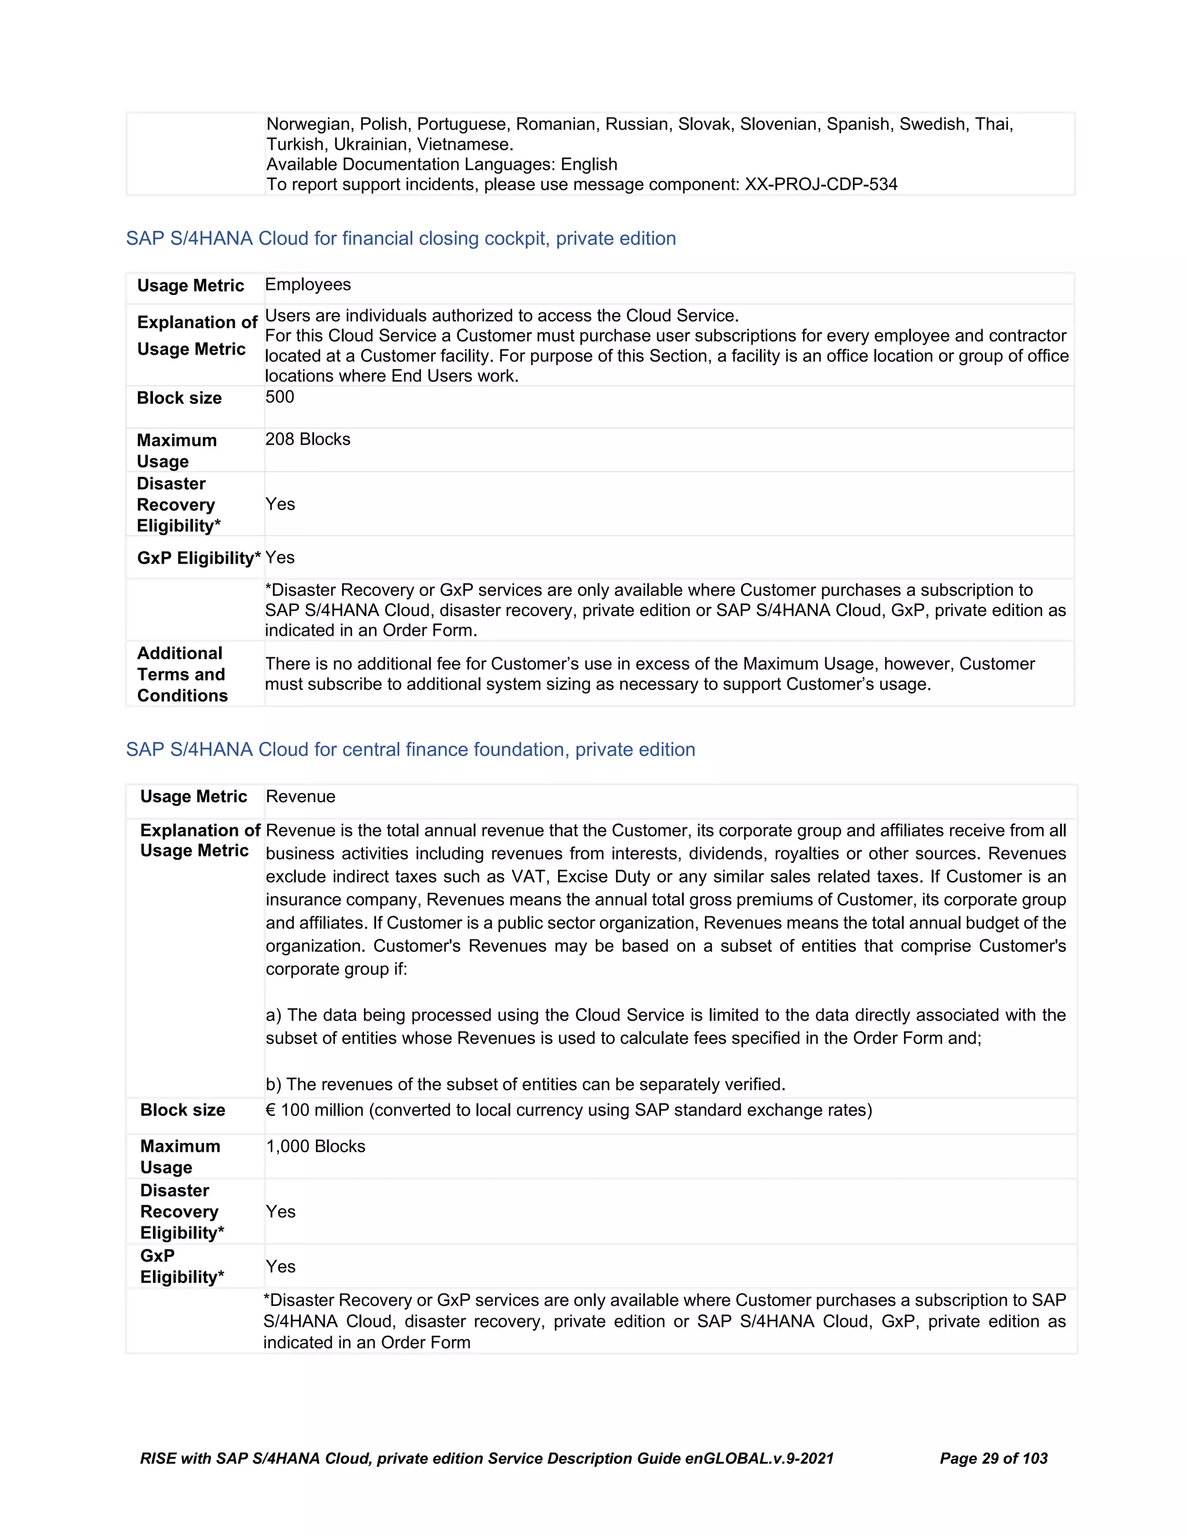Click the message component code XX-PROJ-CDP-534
click(821, 184)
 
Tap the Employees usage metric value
click(307, 285)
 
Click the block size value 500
click(280, 398)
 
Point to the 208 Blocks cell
click(307, 439)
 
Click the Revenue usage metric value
click(300, 797)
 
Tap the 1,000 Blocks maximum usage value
click(315, 1146)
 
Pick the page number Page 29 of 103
click(993, 1459)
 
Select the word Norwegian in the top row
click(307, 125)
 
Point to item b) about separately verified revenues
click(525, 1084)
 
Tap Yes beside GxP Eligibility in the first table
click(280, 558)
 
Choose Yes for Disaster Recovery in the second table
click(281, 1212)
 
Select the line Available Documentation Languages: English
click(442, 165)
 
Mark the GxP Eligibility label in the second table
click(181, 1266)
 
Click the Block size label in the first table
click(179, 398)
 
